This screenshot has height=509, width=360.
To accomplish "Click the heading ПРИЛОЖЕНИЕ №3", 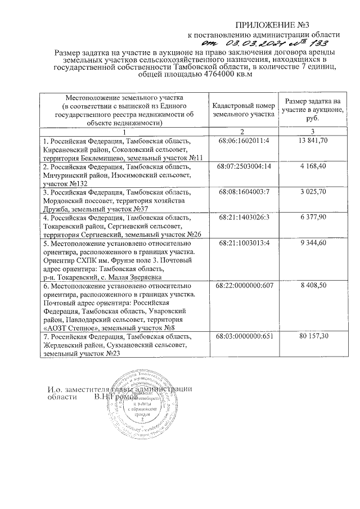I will coord(272,26).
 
